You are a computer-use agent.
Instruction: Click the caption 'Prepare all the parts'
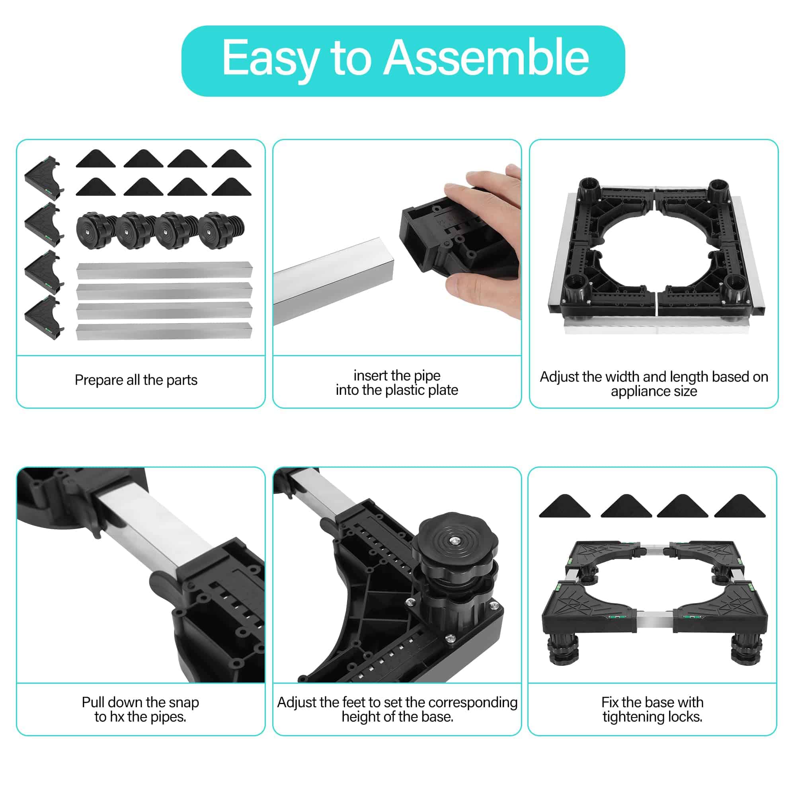[136, 380]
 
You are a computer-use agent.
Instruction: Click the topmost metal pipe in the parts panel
[164, 271]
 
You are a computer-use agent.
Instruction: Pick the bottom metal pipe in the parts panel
[164, 331]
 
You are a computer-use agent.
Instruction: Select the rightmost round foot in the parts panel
[221, 230]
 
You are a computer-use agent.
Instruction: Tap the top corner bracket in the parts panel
[44, 177]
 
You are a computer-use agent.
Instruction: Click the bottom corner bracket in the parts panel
[44, 317]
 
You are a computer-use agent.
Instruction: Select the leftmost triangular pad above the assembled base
[564, 506]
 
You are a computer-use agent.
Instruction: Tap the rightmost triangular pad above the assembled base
[739, 506]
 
